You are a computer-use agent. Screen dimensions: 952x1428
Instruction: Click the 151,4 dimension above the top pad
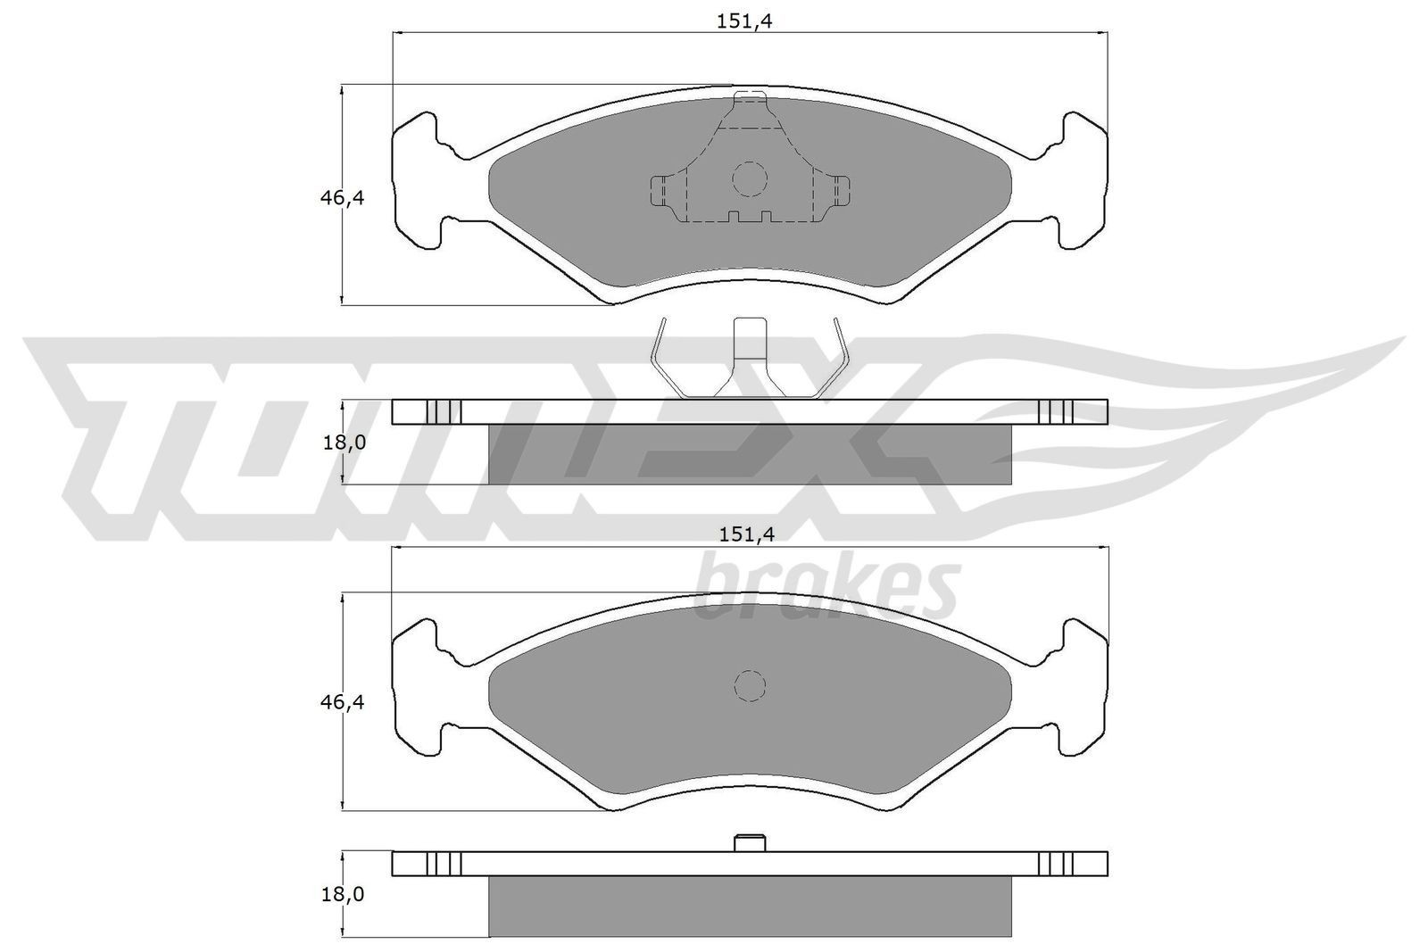pyautogui.click(x=743, y=22)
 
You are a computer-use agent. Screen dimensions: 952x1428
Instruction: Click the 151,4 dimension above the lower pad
pyautogui.click(x=743, y=534)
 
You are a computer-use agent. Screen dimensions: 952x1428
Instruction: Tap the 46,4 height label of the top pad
pyautogui.click(x=343, y=198)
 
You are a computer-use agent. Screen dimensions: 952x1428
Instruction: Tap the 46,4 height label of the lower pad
pyautogui.click(x=343, y=703)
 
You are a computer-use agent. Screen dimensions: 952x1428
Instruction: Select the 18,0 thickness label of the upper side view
pyautogui.click(x=344, y=442)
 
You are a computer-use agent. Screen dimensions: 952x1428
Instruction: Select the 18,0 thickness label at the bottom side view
pyautogui.click(x=344, y=894)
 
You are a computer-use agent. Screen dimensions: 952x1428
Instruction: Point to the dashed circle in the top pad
pyautogui.click(x=749, y=178)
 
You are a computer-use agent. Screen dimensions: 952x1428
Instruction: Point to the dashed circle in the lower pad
pyautogui.click(x=750, y=685)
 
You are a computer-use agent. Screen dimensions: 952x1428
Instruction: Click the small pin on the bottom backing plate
pyautogui.click(x=750, y=841)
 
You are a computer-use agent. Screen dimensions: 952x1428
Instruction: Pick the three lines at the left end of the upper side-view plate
pyautogui.click(x=444, y=411)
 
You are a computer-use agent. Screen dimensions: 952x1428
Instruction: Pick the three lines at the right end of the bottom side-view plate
pyautogui.click(x=1055, y=864)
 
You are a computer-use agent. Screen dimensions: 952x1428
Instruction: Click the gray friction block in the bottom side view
pyautogui.click(x=750, y=906)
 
